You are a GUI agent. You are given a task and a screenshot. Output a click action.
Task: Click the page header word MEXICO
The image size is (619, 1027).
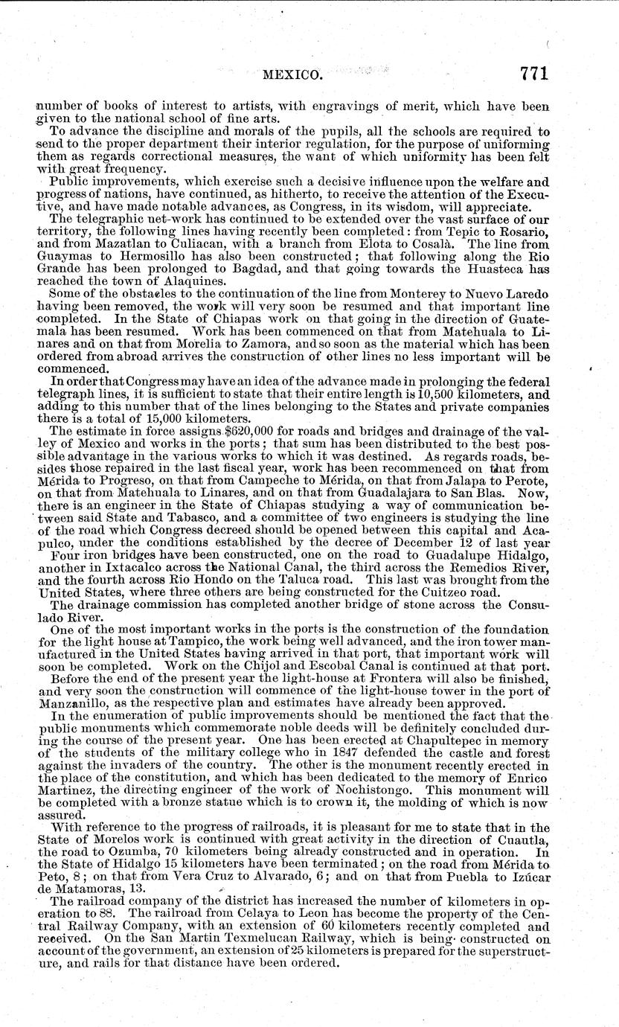coord(290,74)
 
